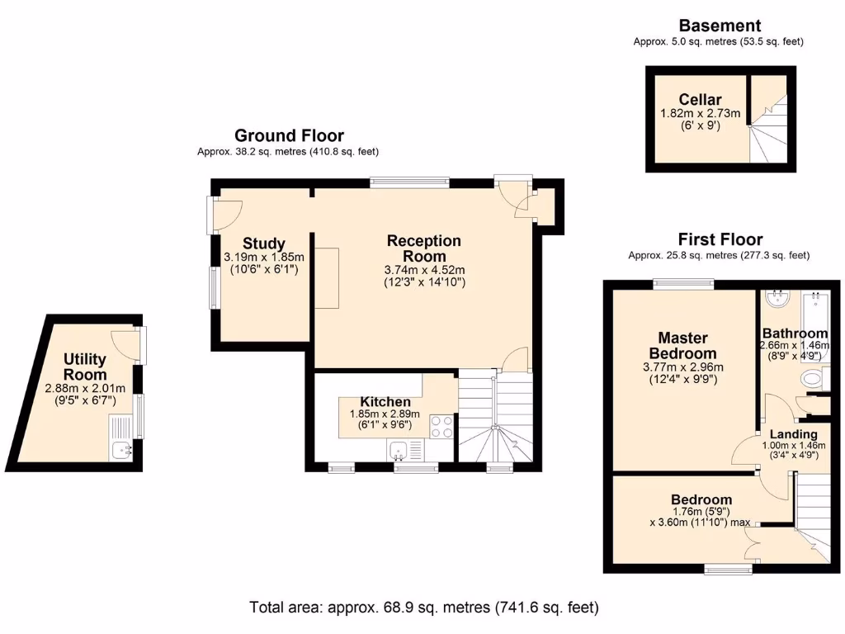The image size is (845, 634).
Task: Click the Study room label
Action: click(x=263, y=244)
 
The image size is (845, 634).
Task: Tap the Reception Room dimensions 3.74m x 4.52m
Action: click(x=425, y=270)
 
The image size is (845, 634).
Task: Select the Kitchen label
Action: click(x=385, y=402)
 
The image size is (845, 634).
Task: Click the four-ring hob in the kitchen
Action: click(x=441, y=427)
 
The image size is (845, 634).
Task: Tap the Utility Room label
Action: click(x=85, y=367)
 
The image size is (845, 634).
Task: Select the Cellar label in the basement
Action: click(x=700, y=100)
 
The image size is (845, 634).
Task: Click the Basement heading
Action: click(x=720, y=26)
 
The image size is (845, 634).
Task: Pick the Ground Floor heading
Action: click(x=289, y=135)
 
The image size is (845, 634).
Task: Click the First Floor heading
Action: click(x=720, y=239)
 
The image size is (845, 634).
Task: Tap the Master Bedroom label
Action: click(x=682, y=346)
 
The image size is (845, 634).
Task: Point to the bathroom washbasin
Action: click(x=777, y=299)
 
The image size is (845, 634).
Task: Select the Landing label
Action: click(x=793, y=434)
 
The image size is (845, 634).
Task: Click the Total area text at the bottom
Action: click(x=424, y=608)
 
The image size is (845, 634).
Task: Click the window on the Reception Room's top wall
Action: click(x=409, y=182)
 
